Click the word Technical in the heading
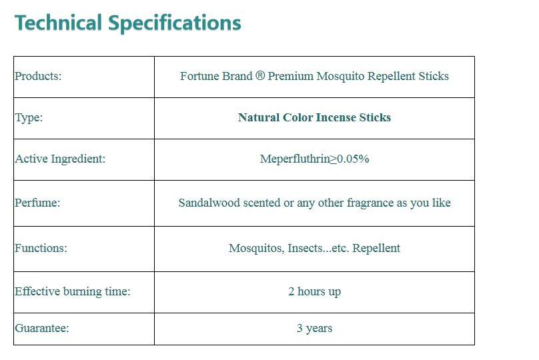click(x=58, y=23)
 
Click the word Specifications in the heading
click(x=175, y=24)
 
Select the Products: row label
click(x=38, y=76)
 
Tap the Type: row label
click(x=29, y=118)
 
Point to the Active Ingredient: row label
click(x=60, y=159)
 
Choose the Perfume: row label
click(x=37, y=203)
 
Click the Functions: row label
click(x=41, y=248)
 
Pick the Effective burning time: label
click(x=73, y=291)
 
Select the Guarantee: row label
click(x=41, y=328)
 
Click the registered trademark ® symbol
click(x=260, y=75)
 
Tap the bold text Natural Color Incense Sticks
click(x=315, y=117)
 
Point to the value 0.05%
click(x=353, y=159)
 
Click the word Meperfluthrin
click(x=295, y=159)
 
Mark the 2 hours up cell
click(x=315, y=291)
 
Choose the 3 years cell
click(x=315, y=329)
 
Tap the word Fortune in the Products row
click(x=197, y=76)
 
